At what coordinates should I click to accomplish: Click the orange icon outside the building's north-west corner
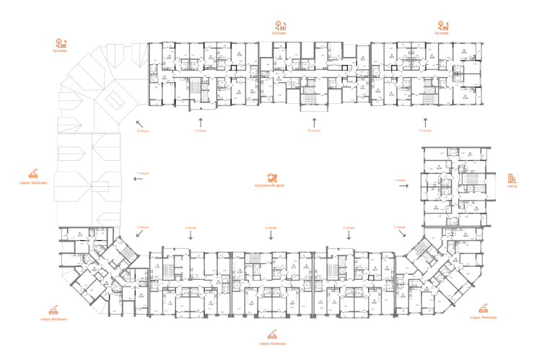(61, 44)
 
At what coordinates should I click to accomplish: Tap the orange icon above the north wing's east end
(442, 27)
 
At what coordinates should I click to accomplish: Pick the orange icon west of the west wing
(33, 174)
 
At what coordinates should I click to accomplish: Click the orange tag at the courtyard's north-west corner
(143, 131)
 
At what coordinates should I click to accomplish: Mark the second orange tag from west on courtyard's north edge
(200, 131)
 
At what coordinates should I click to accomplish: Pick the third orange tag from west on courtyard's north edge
(313, 131)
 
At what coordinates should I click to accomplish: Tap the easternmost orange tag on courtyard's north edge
(424, 131)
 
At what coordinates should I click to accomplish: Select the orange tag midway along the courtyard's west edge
(143, 174)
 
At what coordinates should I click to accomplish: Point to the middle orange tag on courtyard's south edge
(270, 227)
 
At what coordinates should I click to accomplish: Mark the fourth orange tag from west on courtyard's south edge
(349, 227)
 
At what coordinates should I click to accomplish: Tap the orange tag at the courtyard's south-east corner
(400, 227)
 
